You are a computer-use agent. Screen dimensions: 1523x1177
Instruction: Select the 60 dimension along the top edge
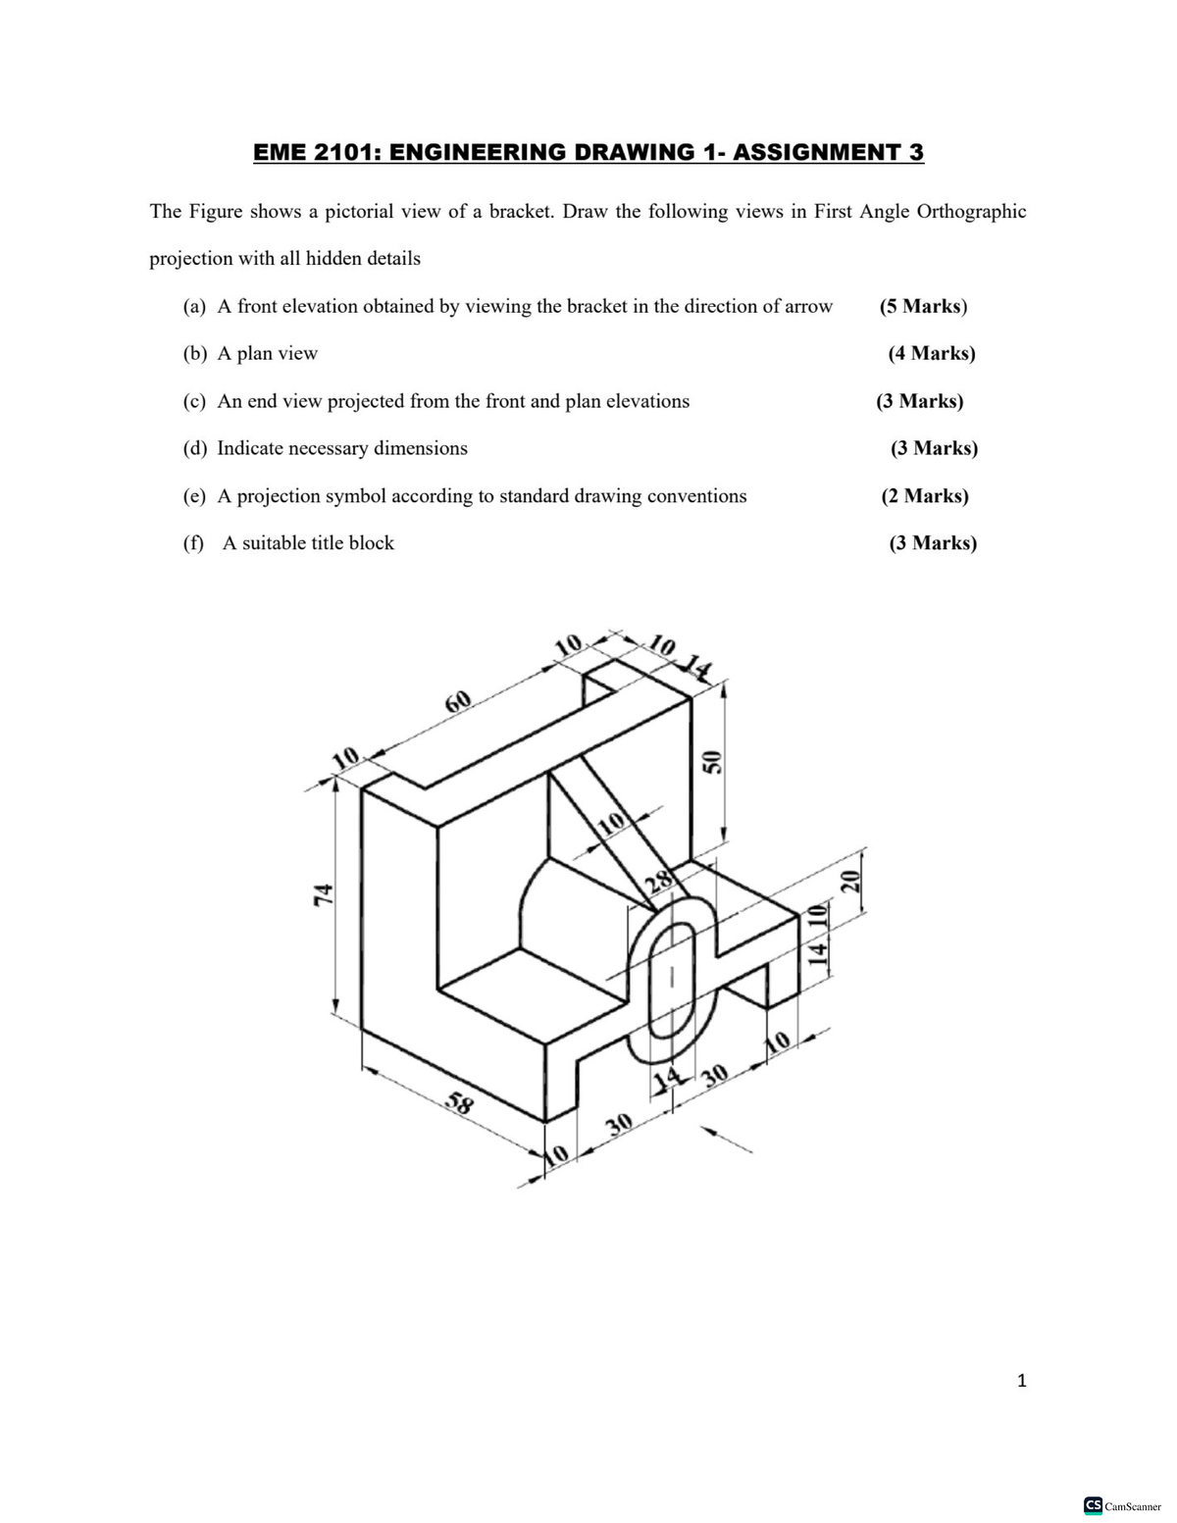(x=458, y=701)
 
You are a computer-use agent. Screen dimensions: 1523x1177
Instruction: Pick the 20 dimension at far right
(x=851, y=879)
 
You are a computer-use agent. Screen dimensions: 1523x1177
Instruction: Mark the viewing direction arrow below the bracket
(x=727, y=1140)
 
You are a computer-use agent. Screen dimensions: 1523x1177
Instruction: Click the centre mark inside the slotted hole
(x=672, y=977)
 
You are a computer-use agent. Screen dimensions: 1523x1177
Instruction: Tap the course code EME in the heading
(x=281, y=153)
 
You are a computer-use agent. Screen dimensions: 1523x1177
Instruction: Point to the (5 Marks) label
(x=923, y=306)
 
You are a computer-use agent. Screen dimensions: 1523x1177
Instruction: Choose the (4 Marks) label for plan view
(x=931, y=353)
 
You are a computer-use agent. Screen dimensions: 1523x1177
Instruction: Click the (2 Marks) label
(x=924, y=495)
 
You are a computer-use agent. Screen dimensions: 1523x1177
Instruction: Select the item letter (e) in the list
(x=195, y=495)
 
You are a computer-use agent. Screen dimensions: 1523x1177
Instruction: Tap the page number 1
(x=1022, y=1381)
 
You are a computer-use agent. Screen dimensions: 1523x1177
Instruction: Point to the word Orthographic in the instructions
(x=970, y=211)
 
